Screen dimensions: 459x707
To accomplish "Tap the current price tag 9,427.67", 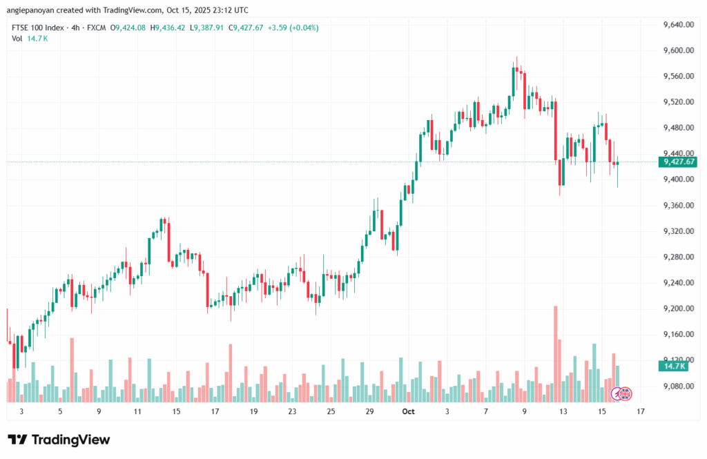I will [x=679, y=162].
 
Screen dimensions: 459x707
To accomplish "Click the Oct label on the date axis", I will [x=408, y=411].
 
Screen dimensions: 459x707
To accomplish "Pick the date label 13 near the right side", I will [x=563, y=411].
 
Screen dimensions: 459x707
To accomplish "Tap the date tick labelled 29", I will [x=369, y=411].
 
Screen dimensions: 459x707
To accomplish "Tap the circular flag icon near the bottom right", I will [x=626, y=394].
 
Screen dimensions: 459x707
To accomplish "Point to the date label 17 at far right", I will [x=641, y=411].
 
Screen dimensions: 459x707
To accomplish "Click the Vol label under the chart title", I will [x=17, y=39].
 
